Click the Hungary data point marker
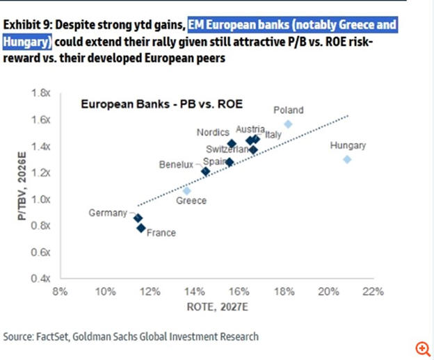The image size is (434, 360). pyautogui.click(x=347, y=159)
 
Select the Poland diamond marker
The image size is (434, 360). pyautogui.click(x=288, y=124)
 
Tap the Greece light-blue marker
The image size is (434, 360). pyautogui.click(x=186, y=190)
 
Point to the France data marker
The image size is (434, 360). pyautogui.click(x=141, y=227)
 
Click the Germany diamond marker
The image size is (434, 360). pyautogui.click(x=138, y=218)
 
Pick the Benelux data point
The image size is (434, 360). pyautogui.click(x=205, y=171)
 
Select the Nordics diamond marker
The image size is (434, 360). pyautogui.click(x=232, y=144)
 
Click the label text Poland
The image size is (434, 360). pyautogui.click(x=288, y=110)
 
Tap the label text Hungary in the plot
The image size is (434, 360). pyautogui.click(x=348, y=145)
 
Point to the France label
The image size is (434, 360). pyautogui.click(x=161, y=233)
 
